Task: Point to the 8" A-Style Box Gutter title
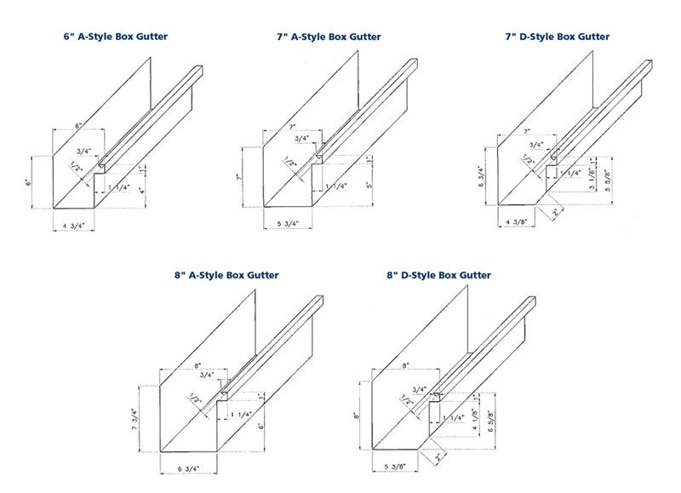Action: (226, 275)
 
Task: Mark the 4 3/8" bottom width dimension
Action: (518, 223)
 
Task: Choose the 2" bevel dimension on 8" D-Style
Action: (438, 455)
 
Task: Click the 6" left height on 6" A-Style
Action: (29, 181)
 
